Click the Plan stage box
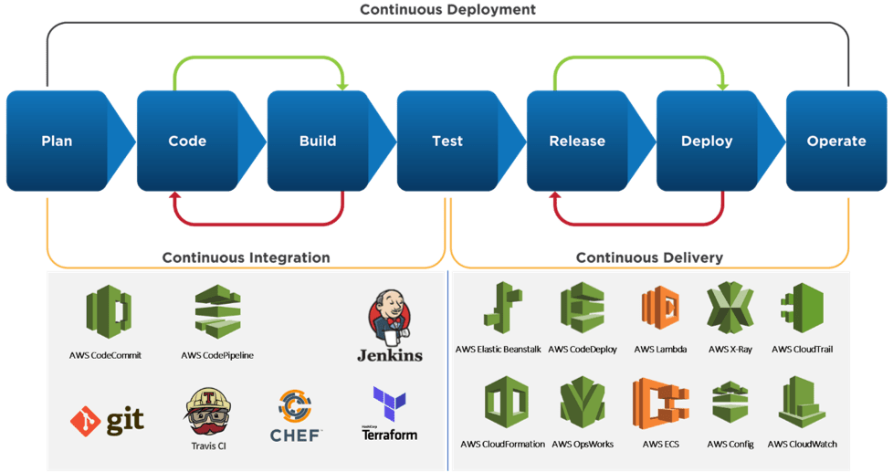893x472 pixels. [57, 141]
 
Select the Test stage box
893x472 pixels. [446, 141]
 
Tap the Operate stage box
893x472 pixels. [835, 141]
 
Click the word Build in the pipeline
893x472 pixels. [318, 142]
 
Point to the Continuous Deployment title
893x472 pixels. [446, 9]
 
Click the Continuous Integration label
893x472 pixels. [246, 257]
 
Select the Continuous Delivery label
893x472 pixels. [649, 257]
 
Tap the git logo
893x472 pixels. [107, 420]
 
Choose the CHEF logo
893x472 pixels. [295, 416]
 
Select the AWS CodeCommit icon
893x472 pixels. [109, 312]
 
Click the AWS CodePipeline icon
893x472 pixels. [216, 312]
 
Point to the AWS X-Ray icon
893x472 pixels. [729, 310]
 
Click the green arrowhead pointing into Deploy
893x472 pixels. [721, 85]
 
